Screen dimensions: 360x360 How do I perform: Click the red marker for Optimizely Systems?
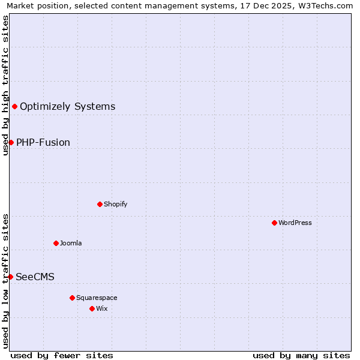pos(14,106)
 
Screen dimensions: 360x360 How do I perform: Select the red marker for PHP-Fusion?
pos(11,142)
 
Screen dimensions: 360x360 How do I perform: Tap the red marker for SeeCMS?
pos(10,277)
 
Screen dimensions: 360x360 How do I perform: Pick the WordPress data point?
pos(274,223)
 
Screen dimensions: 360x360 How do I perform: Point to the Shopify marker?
pos(100,204)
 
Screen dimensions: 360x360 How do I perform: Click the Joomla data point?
pos(56,243)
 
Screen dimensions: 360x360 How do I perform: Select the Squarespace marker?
pos(72,298)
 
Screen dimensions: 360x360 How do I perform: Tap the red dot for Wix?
pos(92,308)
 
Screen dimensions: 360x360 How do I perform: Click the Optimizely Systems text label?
pos(67,107)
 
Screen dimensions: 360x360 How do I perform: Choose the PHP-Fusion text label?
pos(43,143)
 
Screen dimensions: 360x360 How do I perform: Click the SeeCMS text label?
pos(35,277)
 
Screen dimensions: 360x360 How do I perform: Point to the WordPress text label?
pos(295,223)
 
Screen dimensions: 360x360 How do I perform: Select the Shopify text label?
pos(115,205)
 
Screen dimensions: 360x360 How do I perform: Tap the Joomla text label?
pos(71,244)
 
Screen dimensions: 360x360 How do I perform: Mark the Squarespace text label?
pos(97,298)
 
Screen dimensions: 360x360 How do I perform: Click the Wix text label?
pos(101,309)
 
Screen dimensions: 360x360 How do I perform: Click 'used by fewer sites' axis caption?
pos(62,355)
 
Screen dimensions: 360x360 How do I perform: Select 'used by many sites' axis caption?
pos(301,355)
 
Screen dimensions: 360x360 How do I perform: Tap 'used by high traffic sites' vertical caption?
pos(5,85)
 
